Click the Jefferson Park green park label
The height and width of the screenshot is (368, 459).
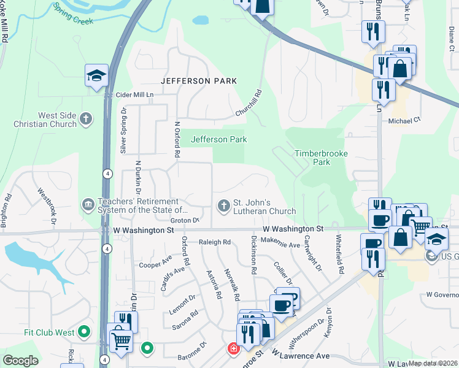pyautogui.click(x=219, y=139)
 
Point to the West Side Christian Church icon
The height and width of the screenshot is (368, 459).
pyautogui.click(x=87, y=118)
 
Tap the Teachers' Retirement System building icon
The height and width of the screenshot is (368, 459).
pyautogui.click(x=88, y=204)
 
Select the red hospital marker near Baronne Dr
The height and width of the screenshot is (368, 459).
pyautogui.click(x=233, y=349)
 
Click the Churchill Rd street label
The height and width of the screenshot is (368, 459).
pyautogui.click(x=250, y=104)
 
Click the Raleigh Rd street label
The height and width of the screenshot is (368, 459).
pyautogui.click(x=215, y=242)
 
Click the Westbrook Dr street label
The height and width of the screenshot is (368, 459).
pyautogui.click(x=48, y=204)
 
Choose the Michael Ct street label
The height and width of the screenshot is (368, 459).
pyautogui.click(x=404, y=121)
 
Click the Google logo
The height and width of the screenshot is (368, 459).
pyautogui.click(x=20, y=361)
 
